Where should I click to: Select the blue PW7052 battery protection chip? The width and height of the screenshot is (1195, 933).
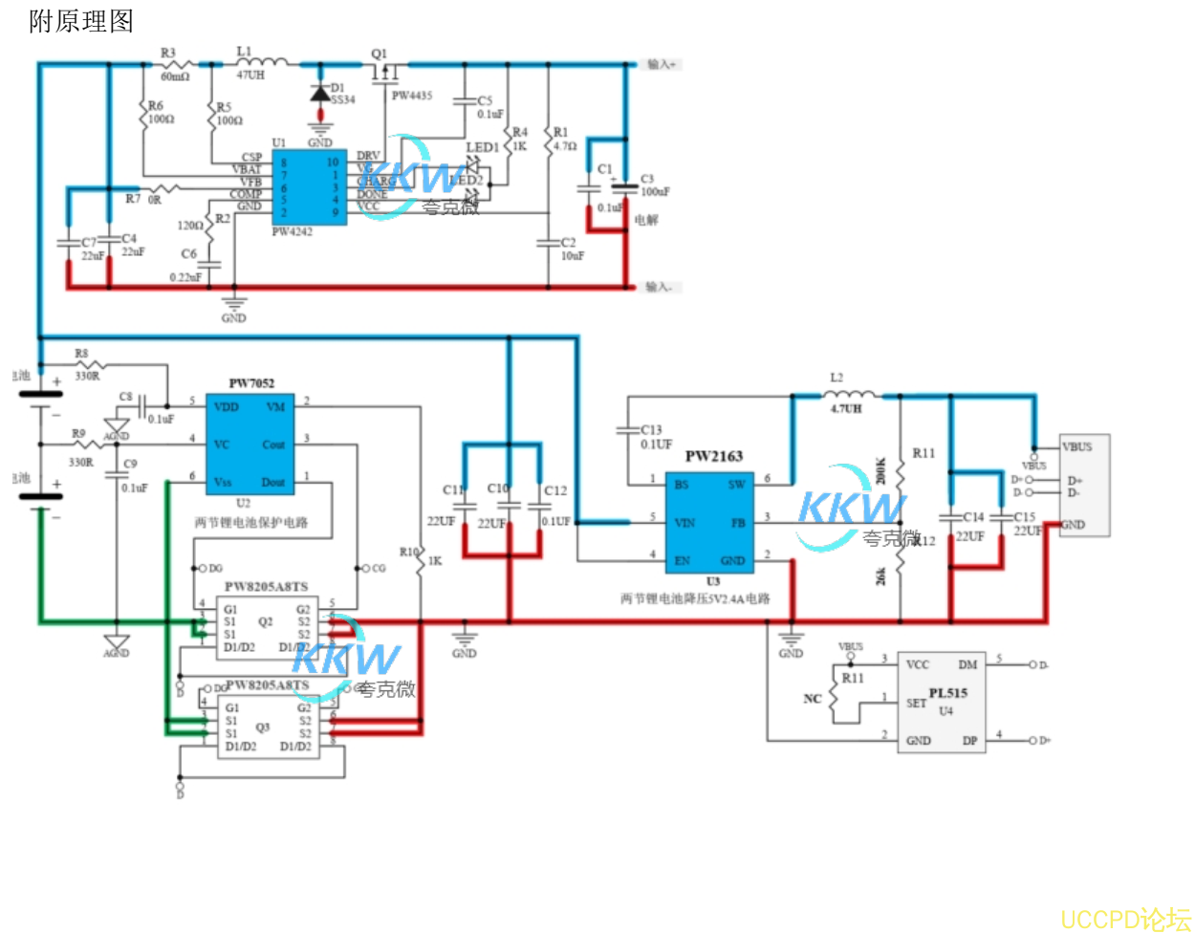coord(250,444)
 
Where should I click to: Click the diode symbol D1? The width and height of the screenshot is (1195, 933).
coord(320,95)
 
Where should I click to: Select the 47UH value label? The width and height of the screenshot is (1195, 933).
coord(250,76)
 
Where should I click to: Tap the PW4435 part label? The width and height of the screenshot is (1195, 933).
coord(411,96)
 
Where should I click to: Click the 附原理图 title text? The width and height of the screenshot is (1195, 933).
coord(81,22)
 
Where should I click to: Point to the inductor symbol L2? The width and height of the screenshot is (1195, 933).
coord(847,393)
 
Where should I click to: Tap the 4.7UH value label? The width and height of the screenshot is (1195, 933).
coord(846,409)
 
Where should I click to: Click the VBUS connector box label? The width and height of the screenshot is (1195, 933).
coord(1077,446)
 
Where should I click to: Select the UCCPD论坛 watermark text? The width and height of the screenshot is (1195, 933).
coord(1125,920)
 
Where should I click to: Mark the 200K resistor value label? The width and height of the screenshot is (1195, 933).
coord(881,470)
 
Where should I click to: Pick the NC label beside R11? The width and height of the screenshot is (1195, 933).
coord(813,699)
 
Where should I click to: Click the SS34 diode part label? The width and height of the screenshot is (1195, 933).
coord(343,99)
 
